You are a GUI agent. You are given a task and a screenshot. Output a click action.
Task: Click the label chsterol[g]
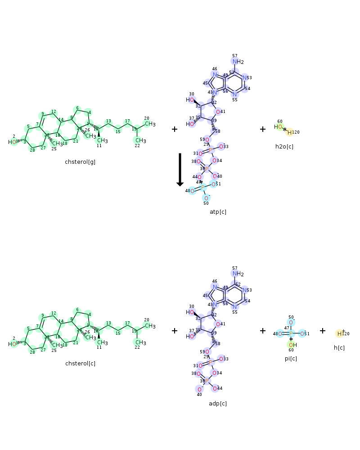80,162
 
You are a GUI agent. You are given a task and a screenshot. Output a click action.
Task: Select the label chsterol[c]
80,364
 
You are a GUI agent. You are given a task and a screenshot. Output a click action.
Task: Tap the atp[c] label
218,211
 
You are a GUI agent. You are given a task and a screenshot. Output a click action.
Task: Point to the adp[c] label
218,403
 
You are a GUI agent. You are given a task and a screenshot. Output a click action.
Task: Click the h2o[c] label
284,146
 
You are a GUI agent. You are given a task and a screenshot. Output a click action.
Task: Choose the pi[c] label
291,358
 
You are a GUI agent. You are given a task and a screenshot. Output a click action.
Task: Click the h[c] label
339,347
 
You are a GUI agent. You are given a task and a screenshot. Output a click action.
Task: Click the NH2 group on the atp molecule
238,62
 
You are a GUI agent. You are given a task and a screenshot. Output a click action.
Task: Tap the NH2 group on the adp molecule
238,274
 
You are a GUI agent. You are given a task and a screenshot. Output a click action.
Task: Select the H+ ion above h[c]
340,333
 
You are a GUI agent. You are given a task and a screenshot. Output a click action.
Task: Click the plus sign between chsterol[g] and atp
175,129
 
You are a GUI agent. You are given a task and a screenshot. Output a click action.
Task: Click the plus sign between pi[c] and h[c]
323,331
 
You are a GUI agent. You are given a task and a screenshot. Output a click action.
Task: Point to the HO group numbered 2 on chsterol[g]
13,142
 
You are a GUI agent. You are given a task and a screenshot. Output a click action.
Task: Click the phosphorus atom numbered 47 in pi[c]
291,333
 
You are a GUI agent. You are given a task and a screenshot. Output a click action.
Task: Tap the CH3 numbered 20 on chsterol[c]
149,326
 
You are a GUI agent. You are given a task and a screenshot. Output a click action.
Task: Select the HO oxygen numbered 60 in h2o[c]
279,127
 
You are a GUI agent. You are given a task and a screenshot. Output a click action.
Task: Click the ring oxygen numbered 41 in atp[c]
218,112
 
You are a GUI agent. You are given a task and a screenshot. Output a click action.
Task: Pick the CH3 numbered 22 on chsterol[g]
140,141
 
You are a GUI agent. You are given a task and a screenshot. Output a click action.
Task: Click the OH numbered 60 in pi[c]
292,345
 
